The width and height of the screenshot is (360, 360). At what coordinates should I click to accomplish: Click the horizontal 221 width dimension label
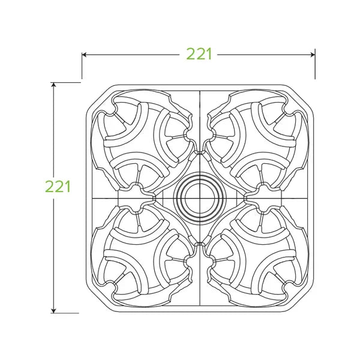199,54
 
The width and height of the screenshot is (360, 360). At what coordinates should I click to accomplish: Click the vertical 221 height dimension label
58,186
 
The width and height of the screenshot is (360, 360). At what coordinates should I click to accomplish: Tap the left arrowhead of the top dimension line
85,55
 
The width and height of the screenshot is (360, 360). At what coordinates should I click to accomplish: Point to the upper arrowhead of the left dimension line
54,85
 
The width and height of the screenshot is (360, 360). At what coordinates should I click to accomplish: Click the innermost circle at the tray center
198,197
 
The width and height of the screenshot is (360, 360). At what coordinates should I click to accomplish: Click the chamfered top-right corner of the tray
299,97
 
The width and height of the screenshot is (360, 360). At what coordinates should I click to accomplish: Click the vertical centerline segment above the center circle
199,120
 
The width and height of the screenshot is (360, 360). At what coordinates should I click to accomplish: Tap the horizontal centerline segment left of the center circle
108,197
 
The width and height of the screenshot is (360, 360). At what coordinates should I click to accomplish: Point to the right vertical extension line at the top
315,66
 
